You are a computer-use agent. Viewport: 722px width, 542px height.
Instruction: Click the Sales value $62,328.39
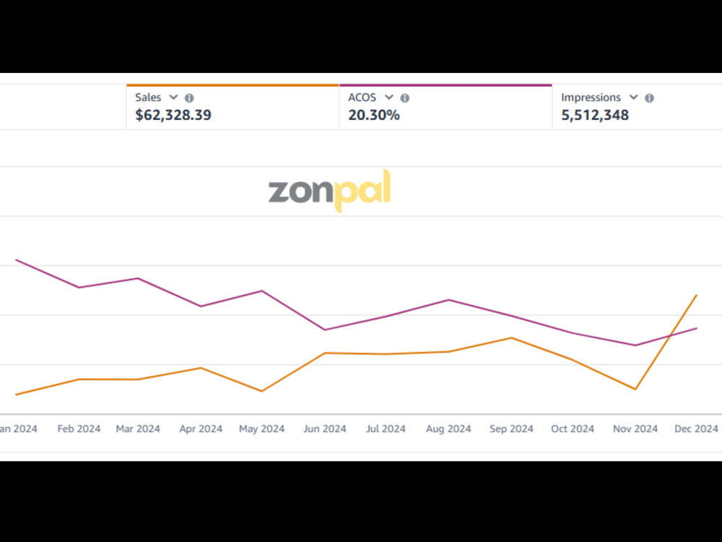point(173,115)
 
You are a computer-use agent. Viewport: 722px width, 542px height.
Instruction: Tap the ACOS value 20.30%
point(374,115)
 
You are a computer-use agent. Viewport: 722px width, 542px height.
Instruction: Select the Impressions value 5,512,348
point(595,115)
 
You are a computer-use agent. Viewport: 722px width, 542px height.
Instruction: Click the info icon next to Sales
point(189,98)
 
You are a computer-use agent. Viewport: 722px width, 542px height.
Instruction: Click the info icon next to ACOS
point(405,98)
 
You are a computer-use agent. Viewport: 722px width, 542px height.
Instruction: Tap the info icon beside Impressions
point(649,98)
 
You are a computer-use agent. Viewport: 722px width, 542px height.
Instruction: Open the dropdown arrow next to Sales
point(173,98)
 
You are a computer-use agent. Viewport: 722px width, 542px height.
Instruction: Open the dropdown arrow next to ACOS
point(389,98)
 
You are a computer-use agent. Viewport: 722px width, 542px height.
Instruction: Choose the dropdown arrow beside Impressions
point(634,98)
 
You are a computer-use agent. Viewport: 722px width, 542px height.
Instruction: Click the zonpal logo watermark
point(330,190)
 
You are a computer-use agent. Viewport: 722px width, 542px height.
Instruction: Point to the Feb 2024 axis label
point(79,429)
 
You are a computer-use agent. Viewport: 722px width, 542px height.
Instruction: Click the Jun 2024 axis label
point(325,429)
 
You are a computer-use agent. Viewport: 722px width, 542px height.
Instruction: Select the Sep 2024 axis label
point(511,429)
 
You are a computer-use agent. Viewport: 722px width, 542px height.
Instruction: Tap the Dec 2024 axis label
point(696,429)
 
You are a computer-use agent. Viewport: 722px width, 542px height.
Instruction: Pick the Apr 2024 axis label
point(201,429)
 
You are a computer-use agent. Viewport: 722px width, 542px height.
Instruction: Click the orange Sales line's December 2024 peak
point(696,295)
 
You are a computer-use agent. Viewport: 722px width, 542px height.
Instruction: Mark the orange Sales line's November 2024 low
point(636,390)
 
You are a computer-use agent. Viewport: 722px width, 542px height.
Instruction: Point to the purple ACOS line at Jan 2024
point(16,260)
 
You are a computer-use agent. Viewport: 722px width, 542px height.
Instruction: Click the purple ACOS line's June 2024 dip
point(325,330)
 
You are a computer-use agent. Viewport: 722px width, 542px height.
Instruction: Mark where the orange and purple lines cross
point(672,335)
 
